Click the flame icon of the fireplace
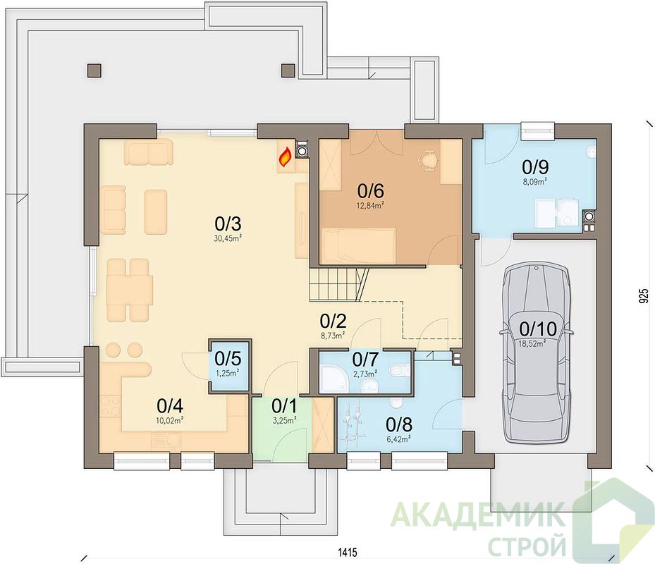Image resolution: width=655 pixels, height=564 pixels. tap(286, 157)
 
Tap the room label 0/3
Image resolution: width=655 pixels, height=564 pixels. tap(228, 224)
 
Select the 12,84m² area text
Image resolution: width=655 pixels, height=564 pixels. tap(371, 205)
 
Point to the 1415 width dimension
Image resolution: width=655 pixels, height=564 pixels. tap(348, 552)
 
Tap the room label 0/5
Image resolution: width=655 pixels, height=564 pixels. tap(228, 359)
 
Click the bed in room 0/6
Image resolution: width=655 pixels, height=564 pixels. tap(358, 246)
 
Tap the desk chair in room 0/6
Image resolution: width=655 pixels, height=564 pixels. tap(429, 160)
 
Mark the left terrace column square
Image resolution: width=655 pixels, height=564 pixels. tap(94, 70)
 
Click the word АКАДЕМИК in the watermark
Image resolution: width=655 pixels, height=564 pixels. tap(478, 515)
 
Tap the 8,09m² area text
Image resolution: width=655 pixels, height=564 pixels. tap(535, 181)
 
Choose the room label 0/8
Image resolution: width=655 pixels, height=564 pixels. tap(399, 424)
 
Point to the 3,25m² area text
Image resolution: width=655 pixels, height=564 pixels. tap(284, 421)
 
